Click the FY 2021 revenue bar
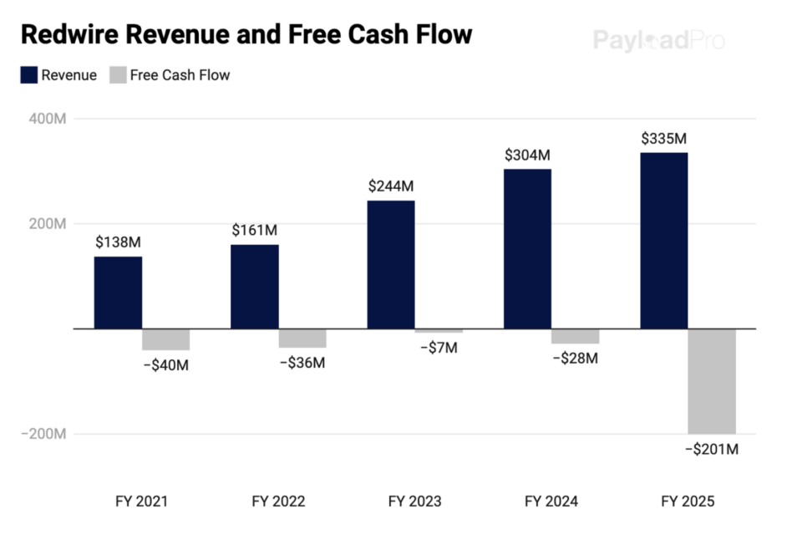pos(118,293)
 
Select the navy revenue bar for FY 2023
pos(391,265)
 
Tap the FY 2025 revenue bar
pos(664,241)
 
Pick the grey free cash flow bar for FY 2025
pos(712,381)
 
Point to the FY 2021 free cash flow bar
pos(165,339)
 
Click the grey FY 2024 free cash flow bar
pos(575,336)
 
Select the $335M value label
pos(664,139)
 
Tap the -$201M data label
pos(712,450)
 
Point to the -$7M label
pos(438,348)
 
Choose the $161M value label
pos(254,230)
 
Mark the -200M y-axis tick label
pos(45,434)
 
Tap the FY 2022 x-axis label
pos(278,502)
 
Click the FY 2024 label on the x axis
pos(551,502)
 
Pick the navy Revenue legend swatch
pos(28,75)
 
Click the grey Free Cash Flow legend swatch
pos(117,75)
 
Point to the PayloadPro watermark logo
pos(658,39)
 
